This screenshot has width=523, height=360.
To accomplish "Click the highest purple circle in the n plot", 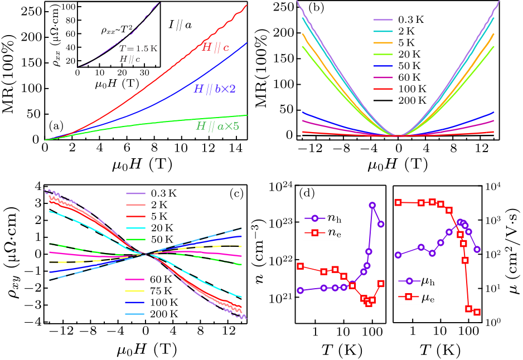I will [x=372, y=205].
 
